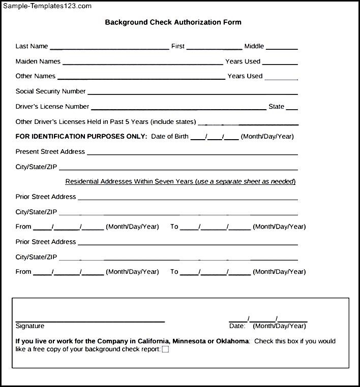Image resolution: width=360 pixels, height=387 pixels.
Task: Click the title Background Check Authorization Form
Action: tap(173, 22)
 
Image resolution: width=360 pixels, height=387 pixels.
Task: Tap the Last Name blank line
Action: tap(109, 48)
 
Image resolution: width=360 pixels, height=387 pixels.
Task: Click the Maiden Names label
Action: tap(38, 61)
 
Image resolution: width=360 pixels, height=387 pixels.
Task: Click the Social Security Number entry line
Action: tap(193, 93)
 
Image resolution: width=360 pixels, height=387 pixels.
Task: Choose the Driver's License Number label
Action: tap(52, 107)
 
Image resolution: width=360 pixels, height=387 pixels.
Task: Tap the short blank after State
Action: tap(292, 108)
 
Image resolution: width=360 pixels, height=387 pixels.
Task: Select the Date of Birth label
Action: tap(170, 137)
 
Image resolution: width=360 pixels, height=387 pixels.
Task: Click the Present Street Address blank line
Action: tap(193, 153)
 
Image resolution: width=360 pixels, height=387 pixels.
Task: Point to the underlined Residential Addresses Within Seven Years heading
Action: tap(130, 181)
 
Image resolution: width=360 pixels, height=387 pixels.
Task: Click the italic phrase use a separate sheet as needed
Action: tap(246, 181)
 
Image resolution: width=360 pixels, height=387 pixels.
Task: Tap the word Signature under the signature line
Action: tap(30, 326)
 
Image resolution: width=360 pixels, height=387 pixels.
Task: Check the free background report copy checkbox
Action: tap(165, 349)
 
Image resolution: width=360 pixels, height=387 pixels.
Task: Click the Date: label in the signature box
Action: tap(237, 326)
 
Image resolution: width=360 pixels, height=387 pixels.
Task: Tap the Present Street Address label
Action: tap(50, 152)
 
